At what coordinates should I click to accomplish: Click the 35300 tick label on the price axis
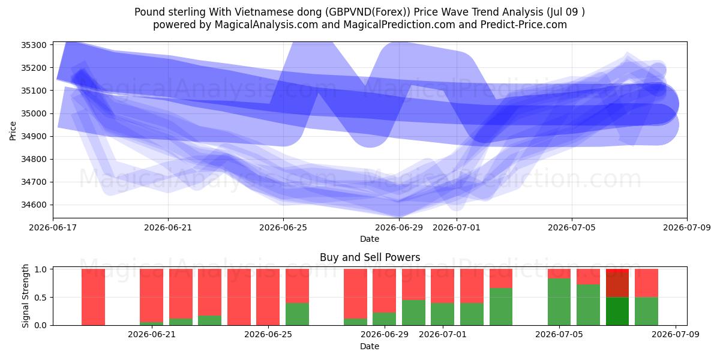pos(34,45)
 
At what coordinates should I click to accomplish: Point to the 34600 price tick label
pos(34,205)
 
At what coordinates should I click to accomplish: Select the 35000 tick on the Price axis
pos(34,113)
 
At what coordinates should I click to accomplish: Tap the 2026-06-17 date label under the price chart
pos(53,227)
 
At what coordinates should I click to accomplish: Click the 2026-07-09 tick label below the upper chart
pos(687,227)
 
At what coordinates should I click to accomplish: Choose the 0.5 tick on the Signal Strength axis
pos(40,298)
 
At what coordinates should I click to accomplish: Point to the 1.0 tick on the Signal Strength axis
pos(40,269)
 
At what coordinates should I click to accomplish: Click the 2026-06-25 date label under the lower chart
pos(268,334)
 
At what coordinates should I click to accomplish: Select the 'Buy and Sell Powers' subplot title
pos(370,257)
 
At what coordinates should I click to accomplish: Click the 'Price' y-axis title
pos(13,131)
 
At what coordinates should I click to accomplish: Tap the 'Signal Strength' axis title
pos(25,296)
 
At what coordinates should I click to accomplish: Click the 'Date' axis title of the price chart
pos(370,239)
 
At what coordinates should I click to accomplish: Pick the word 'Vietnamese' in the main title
pos(278,12)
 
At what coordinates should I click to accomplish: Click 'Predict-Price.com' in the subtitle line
pos(524,25)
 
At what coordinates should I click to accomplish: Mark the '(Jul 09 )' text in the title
pos(565,12)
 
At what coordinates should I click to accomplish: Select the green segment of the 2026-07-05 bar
pos(559,302)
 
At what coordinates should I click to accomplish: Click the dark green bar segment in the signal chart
pos(617,311)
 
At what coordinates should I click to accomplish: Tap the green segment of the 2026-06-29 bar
pos(385,319)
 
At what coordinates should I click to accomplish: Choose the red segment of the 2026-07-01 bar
pos(443,286)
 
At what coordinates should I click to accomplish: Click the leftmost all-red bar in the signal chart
pos(93,297)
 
